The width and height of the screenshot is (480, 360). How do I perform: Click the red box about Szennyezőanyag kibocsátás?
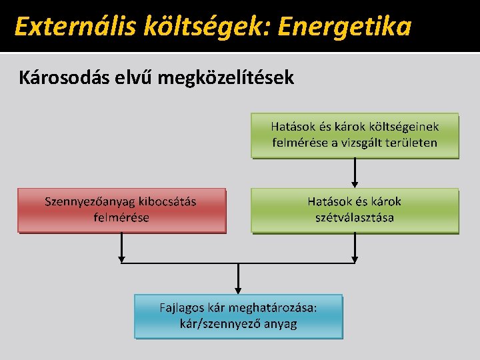(121, 210)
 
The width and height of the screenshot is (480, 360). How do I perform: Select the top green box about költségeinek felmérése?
(355, 135)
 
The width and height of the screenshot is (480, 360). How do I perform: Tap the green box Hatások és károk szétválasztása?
(355, 210)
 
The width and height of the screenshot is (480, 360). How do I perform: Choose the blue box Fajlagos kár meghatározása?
(238, 317)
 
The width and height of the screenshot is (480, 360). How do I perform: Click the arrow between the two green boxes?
(355, 173)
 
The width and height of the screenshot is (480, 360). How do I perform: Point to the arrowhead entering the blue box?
(238, 289)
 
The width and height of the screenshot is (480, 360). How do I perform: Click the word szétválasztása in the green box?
(355, 218)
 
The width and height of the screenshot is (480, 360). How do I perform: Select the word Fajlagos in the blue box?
(181, 308)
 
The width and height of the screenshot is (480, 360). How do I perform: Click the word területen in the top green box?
(409, 143)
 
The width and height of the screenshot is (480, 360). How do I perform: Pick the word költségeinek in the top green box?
(404, 127)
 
